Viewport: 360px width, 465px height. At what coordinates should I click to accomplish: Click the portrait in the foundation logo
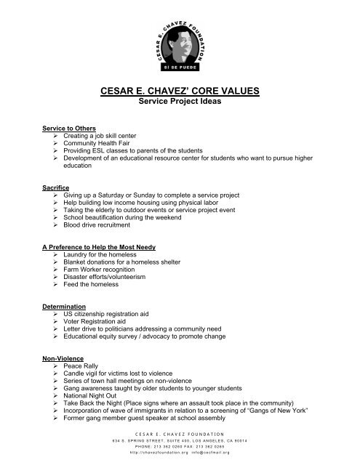point(180,42)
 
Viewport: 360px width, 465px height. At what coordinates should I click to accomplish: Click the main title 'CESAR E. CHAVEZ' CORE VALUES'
point(180,92)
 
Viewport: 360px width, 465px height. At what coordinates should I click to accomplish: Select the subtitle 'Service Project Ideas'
point(180,103)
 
